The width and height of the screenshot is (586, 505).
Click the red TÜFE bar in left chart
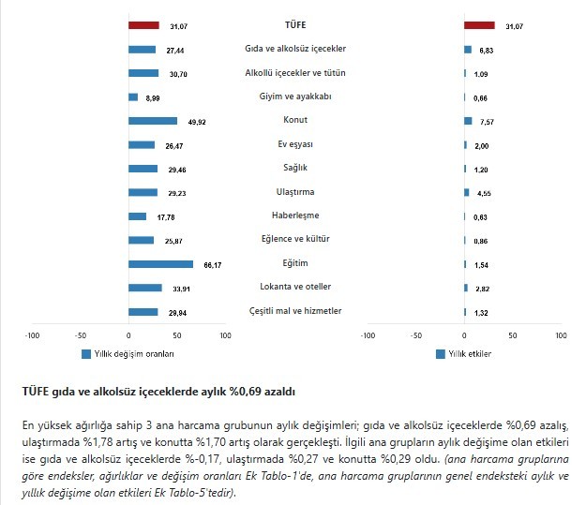pos(143,24)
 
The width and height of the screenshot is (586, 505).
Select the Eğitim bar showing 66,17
pos(160,264)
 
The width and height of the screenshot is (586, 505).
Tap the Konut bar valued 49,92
pos(153,121)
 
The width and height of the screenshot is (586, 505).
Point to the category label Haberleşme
pos(295,216)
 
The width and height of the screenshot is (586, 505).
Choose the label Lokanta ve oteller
pos(295,288)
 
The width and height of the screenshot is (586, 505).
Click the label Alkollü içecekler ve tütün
pos(295,72)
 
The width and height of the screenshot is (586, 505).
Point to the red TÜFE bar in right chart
pos(479,24)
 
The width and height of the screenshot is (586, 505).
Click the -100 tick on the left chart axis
pos(33,334)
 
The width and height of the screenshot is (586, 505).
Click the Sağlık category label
pos(295,169)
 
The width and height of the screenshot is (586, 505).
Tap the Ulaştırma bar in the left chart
pos(143,192)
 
